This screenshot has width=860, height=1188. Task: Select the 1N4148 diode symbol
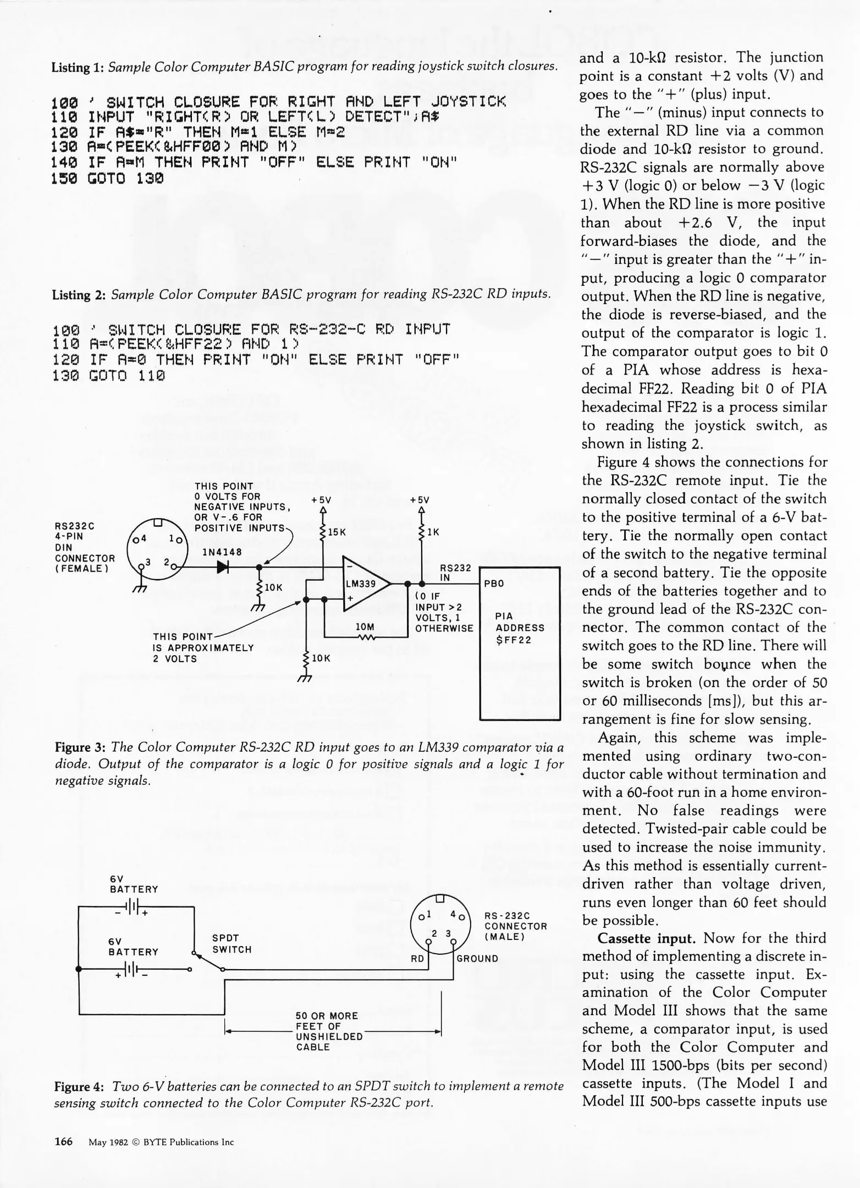click(x=222, y=567)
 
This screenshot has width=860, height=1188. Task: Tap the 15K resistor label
click(x=336, y=532)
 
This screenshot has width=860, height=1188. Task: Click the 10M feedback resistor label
click(x=365, y=626)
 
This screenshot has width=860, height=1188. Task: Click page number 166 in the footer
click(x=64, y=1141)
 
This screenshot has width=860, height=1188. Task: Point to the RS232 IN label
click(x=456, y=573)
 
